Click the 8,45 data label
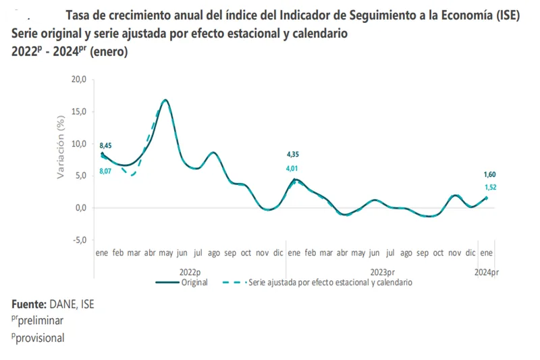tap(105, 145)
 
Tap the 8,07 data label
tap(105, 172)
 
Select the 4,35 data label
tap(293, 155)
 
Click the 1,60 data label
tap(490, 174)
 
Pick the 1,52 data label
tap(490, 187)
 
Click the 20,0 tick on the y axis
tap(80, 80)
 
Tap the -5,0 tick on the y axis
tap(80, 240)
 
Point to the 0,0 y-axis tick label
tap(81, 207)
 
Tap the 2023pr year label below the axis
tap(383, 272)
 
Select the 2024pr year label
tap(486, 272)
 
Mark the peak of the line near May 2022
tap(165, 100)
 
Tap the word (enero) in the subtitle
tap(109, 51)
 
